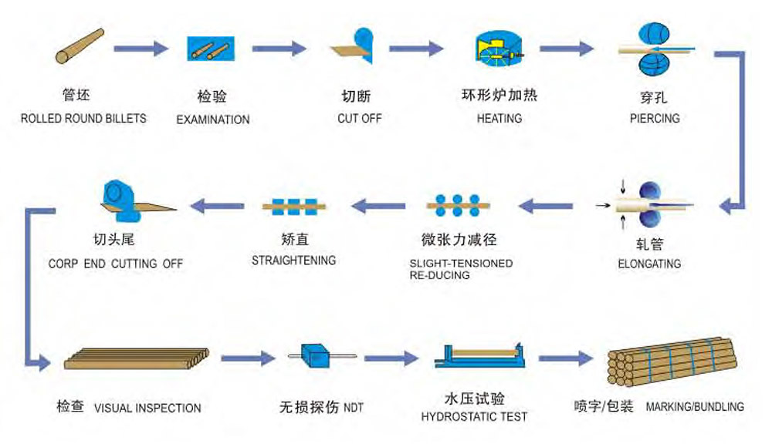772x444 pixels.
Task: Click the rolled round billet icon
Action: point(80,45)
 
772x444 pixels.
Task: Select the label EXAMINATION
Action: point(213,120)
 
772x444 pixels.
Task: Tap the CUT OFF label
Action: point(360,119)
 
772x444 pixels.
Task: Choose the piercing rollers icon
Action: point(655,49)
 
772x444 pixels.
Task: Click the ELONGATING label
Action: point(649,264)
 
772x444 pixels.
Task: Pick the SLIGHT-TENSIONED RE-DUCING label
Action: point(461,269)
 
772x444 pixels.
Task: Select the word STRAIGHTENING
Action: point(293,261)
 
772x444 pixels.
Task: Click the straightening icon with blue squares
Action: point(294,206)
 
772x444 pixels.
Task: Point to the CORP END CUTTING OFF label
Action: point(116,264)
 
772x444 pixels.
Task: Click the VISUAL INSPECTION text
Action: point(147,409)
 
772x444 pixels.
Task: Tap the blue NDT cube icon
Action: point(318,356)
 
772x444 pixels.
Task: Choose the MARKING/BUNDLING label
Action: point(695,406)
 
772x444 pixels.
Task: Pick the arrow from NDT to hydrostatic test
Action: point(391,358)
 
